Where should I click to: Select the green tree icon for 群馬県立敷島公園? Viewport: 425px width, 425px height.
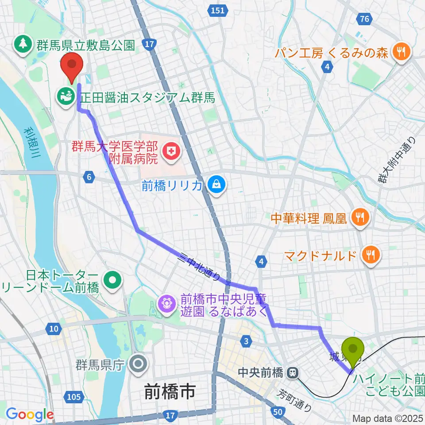tap(22, 43)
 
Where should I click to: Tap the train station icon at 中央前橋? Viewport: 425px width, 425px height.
tap(292, 373)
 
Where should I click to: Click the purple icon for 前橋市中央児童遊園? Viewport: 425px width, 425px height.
tap(167, 304)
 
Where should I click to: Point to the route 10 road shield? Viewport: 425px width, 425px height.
tap(53, 328)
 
